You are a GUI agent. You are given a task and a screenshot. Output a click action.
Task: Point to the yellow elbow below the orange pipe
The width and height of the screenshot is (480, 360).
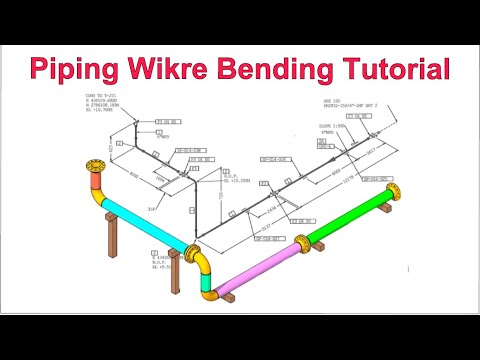pos(101,200)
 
